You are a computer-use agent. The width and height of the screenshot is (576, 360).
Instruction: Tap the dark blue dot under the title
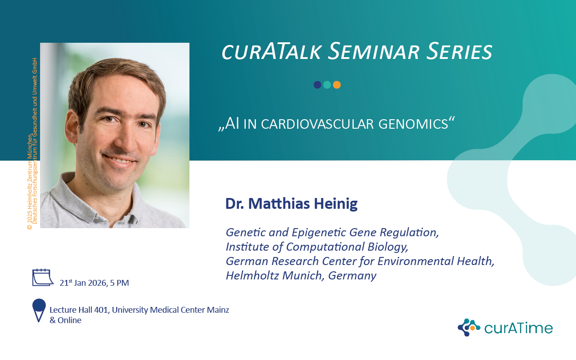click(x=317, y=85)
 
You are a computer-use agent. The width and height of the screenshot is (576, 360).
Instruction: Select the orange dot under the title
click(x=337, y=85)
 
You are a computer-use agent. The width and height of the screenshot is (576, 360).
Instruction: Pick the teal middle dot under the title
click(x=327, y=85)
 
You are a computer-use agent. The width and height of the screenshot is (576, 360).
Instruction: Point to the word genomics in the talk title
click(x=413, y=124)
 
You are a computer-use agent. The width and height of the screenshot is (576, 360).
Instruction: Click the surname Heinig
click(x=336, y=204)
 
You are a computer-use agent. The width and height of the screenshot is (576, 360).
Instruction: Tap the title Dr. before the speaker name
click(x=235, y=204)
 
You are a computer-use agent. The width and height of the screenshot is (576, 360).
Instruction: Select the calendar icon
click(x=43, y=278)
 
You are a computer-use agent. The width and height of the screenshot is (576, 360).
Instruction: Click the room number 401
click(x=102, y=310)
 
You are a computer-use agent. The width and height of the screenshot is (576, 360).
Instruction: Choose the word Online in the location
click(x=69, y=320)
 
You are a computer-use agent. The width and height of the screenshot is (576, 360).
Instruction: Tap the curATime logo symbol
click(x=468, y=327)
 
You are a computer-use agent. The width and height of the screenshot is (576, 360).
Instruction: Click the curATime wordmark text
click(x=518, y=328)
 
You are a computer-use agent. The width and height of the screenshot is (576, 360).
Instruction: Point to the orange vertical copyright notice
click(x=32, y=144)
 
